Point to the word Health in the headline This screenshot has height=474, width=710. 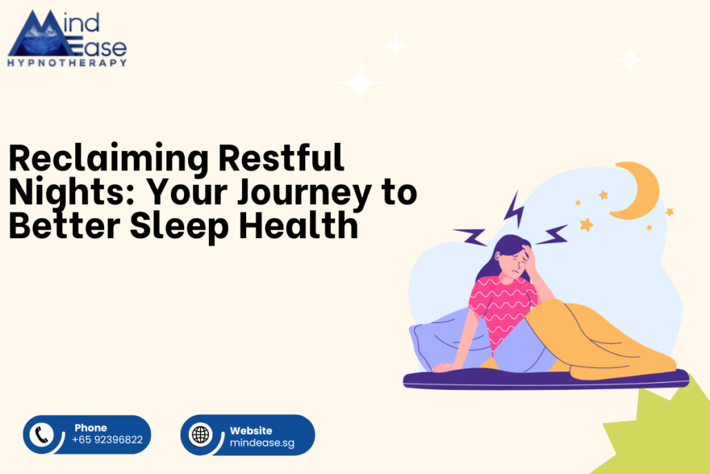[298, 225]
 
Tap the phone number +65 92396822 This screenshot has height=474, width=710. [108, 440]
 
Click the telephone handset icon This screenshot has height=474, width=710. [41, 435]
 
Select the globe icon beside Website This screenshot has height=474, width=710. [201, 435]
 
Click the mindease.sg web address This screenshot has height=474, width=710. [262, 443]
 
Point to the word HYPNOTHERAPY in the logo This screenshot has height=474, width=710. [67, 63]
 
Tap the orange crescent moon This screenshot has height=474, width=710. [636, 190]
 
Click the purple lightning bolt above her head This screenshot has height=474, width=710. [514, 208]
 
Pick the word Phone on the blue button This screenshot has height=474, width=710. [90, 428]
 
